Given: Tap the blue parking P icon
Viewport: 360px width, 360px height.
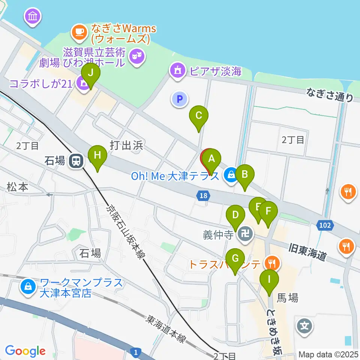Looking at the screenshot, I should pos(180,99).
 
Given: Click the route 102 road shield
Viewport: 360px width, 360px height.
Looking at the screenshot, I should pos(325,225).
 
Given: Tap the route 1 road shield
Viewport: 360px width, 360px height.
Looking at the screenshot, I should pos(136,352).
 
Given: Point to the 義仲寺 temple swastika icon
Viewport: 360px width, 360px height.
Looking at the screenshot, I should pos(246,235).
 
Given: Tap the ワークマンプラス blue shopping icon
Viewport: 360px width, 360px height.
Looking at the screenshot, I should pos(28,287).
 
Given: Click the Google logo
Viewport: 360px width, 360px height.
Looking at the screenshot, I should pos(25,351).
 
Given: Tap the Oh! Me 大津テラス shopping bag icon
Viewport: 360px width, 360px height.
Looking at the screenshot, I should pos(231,174).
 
